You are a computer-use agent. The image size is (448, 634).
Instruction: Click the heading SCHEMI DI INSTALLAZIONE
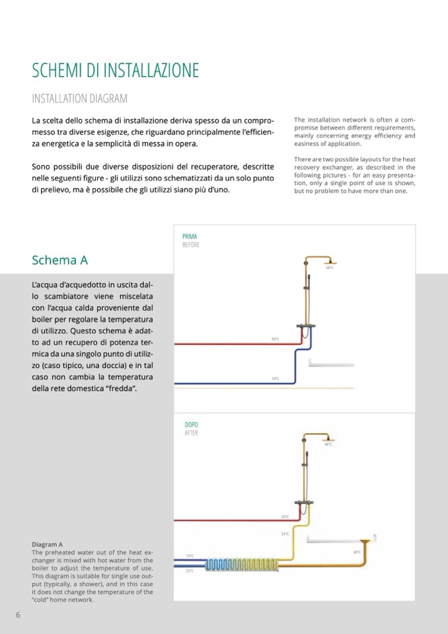tap(115, 71)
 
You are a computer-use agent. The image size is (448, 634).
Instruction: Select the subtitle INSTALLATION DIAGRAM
tap(79, 99)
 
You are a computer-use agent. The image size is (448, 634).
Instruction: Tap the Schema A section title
tap(59, 260)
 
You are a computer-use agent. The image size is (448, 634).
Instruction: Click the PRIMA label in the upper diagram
tap(190, 236)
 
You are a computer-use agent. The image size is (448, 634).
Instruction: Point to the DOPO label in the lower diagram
tap(191, 424)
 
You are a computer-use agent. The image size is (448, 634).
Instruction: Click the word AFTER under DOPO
tap(191, 433)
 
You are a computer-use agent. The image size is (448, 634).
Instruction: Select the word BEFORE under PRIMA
tap(191, 245)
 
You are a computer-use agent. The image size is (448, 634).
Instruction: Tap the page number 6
tap(19, 615)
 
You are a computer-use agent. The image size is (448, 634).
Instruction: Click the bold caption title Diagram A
tap(47, 544)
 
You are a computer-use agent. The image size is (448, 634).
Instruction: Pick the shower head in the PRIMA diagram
tap(330, 260)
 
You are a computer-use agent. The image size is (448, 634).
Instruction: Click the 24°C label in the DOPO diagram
tap(285, 534)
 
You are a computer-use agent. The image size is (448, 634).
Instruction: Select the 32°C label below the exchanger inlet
tap(190, 571)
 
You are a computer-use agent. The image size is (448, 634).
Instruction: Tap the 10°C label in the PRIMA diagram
tap(275, 379)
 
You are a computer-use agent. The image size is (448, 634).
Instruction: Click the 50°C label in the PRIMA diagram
tap(275, 340)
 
